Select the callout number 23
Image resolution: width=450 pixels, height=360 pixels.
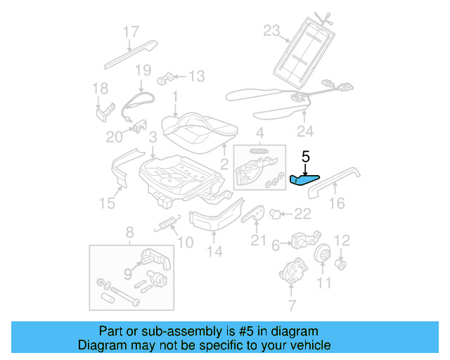click(271, 30)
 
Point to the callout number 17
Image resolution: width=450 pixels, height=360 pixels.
click(131, 32)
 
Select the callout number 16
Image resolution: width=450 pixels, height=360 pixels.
click(337, 204)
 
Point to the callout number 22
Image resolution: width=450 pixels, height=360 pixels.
click(302, 214)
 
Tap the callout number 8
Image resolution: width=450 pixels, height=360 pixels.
click(129, 233)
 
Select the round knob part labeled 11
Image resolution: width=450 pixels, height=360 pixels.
click(323, 255)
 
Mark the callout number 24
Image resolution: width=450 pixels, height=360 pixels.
click(304, 130)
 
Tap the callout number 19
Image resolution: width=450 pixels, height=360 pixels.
click(143, 70)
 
